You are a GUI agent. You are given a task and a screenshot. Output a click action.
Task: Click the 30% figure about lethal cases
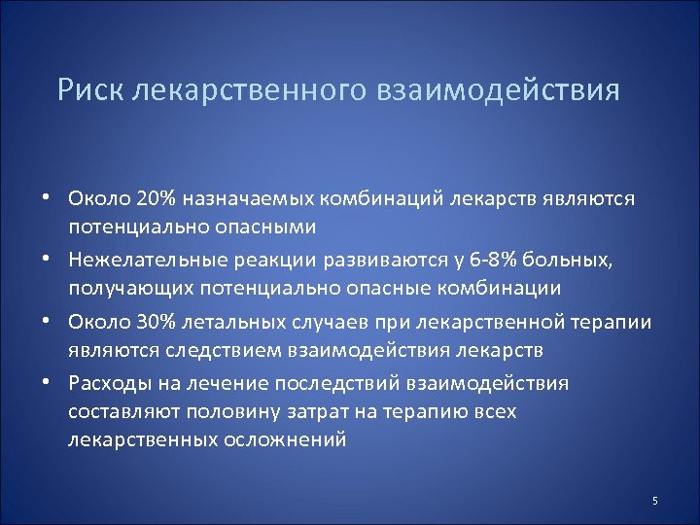[159, 322]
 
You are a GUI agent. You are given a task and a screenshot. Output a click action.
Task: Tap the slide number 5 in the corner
[655, 501]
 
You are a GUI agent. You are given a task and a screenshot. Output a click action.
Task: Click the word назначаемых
[246, 198]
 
